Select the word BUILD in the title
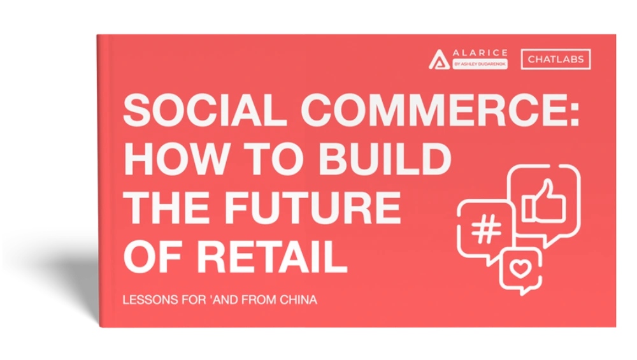385,159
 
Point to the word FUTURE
312,208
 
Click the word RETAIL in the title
272,257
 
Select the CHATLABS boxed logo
555,59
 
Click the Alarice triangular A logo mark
439,60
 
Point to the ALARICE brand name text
480,53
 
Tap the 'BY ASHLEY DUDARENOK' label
480,64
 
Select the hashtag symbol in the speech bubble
486,229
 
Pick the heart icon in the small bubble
520,269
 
